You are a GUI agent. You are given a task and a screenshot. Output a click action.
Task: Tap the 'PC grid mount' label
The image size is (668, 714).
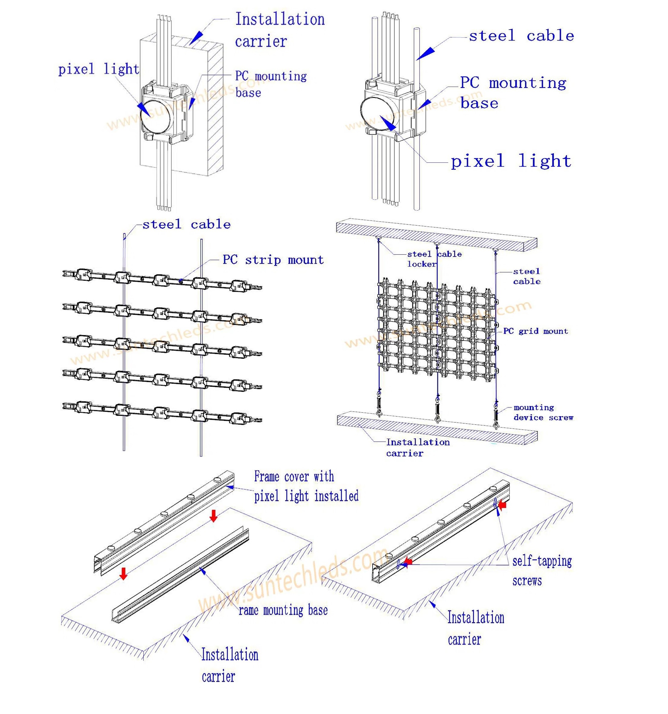[535, 331]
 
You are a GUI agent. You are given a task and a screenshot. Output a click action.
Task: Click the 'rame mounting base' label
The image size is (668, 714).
[283, 610]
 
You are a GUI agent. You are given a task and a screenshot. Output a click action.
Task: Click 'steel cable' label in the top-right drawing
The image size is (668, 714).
[521, 36]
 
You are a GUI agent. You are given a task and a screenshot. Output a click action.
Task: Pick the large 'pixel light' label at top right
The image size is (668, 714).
[511, 161]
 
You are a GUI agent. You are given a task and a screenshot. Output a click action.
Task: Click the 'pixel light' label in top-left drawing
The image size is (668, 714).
[98, 69]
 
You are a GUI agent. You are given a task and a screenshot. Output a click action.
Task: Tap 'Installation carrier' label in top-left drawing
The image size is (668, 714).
[279, 30]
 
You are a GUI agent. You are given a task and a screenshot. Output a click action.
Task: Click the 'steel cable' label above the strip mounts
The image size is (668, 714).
[186, 224]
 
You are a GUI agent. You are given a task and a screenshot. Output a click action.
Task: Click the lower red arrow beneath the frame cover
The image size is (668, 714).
[123, 574]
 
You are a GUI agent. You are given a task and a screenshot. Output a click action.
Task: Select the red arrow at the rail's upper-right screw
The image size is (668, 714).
[503, 505]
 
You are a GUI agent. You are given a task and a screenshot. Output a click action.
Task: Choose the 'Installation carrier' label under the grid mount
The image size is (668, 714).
[417, 448]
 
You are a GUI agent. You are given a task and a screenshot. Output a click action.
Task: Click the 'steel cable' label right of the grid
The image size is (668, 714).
[526, 276]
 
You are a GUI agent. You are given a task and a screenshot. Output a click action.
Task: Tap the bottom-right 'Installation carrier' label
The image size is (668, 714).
[475, 628]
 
